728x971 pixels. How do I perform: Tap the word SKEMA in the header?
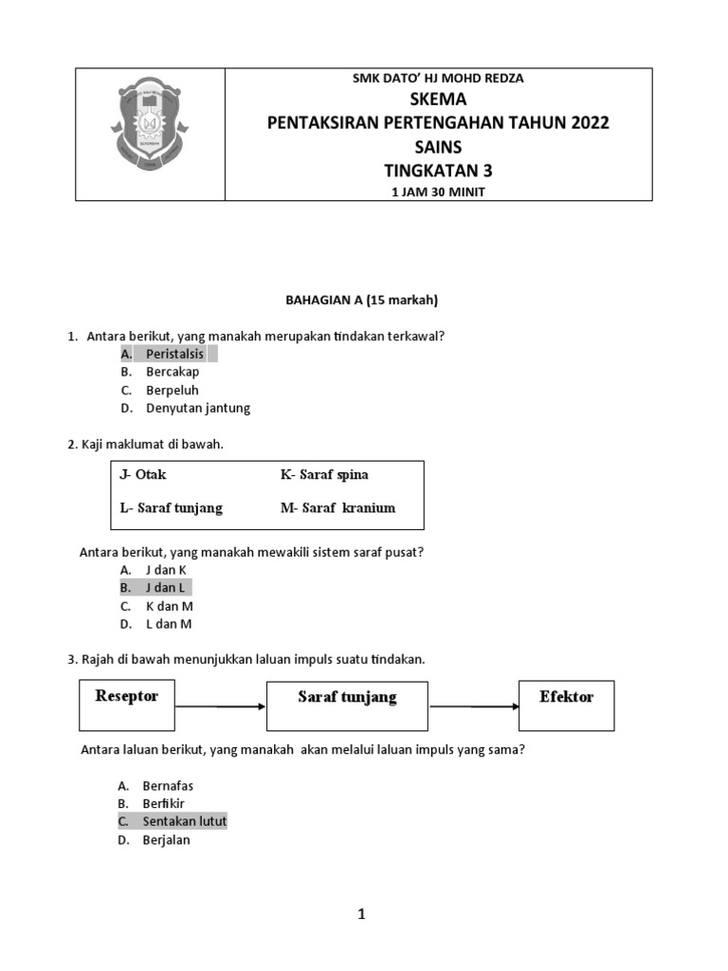(x=438, y=100)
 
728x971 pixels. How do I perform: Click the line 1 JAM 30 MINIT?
(x=438, y=192)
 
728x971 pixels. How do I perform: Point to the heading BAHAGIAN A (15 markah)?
(x=362, y=301)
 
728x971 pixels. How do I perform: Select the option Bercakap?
(x=173, y=372)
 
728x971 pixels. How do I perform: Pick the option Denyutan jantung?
(x=197, y=409)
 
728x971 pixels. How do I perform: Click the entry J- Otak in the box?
(x=143, y=474)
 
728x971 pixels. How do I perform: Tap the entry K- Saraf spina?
(x=324, y=474)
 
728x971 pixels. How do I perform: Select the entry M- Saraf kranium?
(x=337, y=507)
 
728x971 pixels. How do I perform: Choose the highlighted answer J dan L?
(x=165, y=588)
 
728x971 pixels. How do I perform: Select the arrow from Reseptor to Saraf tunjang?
(x=220, y=705)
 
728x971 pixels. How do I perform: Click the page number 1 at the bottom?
(x=361, y=915)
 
